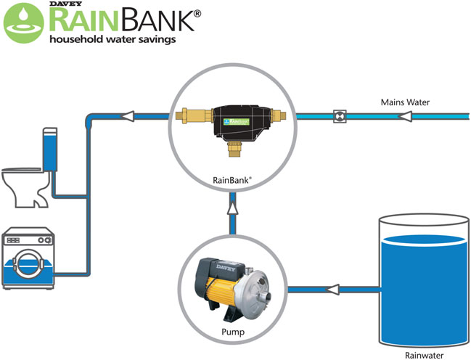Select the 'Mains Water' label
pos(405,102)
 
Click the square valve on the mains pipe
pos(339,115)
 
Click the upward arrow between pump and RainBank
pos(232,209)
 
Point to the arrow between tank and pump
pos(333,290)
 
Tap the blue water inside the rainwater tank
pos(425,290)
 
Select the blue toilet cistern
pos(50,149)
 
